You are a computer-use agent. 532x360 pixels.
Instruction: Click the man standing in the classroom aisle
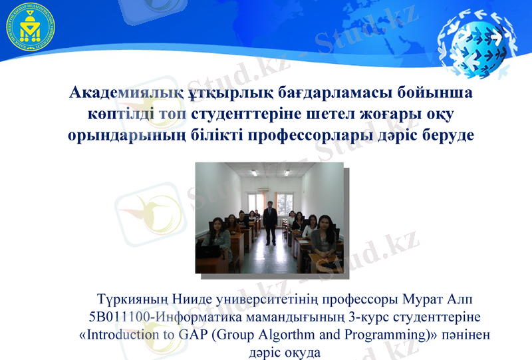pyautogui.click(x=270, y=223)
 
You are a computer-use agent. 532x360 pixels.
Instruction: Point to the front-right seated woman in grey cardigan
pyautogui.click(x=325, y=236)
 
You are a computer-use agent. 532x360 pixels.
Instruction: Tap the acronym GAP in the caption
pyautogui.click(x=194, y=334)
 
